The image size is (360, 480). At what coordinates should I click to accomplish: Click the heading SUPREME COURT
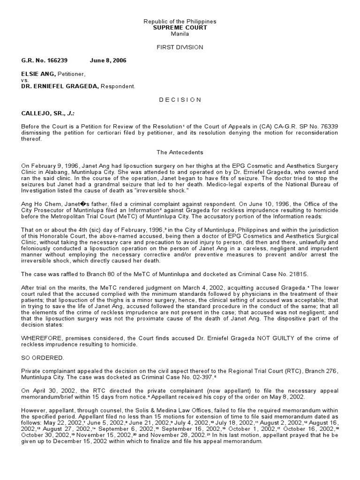coord(180,28)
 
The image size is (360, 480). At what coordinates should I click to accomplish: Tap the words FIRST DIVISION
coord(180,47)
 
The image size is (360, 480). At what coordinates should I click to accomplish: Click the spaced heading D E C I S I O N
coord(180,99)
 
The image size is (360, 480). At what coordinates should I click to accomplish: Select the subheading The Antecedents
coord(180,152)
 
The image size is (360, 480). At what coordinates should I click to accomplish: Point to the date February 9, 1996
coord(51,166)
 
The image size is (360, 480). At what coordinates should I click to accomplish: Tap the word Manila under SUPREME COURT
coord(180,34)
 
